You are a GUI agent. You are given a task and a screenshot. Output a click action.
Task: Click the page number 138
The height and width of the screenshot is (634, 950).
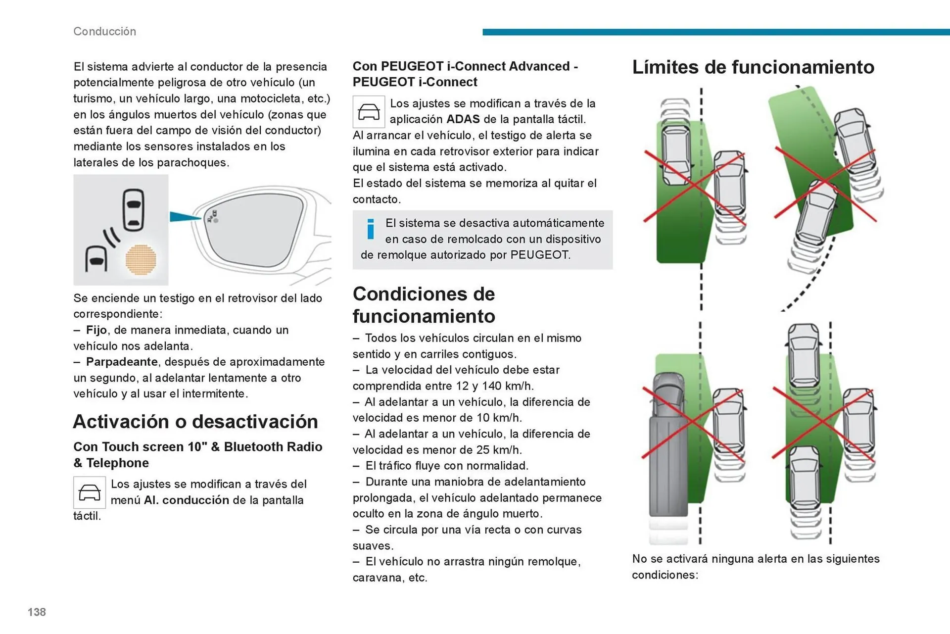(37, 612)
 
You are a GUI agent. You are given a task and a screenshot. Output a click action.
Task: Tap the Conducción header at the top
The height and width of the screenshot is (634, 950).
(104, 31)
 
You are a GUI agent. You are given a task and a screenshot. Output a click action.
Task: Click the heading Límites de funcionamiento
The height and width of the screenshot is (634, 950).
(753, 67)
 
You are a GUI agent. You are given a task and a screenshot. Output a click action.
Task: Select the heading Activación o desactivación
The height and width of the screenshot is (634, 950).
(195, 422)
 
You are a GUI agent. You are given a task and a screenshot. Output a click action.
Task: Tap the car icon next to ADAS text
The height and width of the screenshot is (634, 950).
(369, 112)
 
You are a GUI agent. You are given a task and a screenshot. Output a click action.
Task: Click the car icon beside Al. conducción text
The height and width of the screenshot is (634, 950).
(90, 492)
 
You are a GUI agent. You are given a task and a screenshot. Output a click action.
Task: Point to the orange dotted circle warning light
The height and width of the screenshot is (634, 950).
(141, 259)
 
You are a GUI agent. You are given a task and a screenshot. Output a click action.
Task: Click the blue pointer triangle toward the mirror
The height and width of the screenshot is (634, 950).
(184, 217)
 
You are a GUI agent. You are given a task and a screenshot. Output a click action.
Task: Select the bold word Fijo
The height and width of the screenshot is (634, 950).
(96, 330)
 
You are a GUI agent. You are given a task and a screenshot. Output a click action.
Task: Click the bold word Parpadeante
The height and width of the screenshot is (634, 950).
(122, 362)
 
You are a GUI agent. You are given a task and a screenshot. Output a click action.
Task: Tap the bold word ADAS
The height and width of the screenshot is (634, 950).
(463, 119)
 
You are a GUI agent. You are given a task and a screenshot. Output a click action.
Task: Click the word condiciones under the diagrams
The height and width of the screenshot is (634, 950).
(664, 575)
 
